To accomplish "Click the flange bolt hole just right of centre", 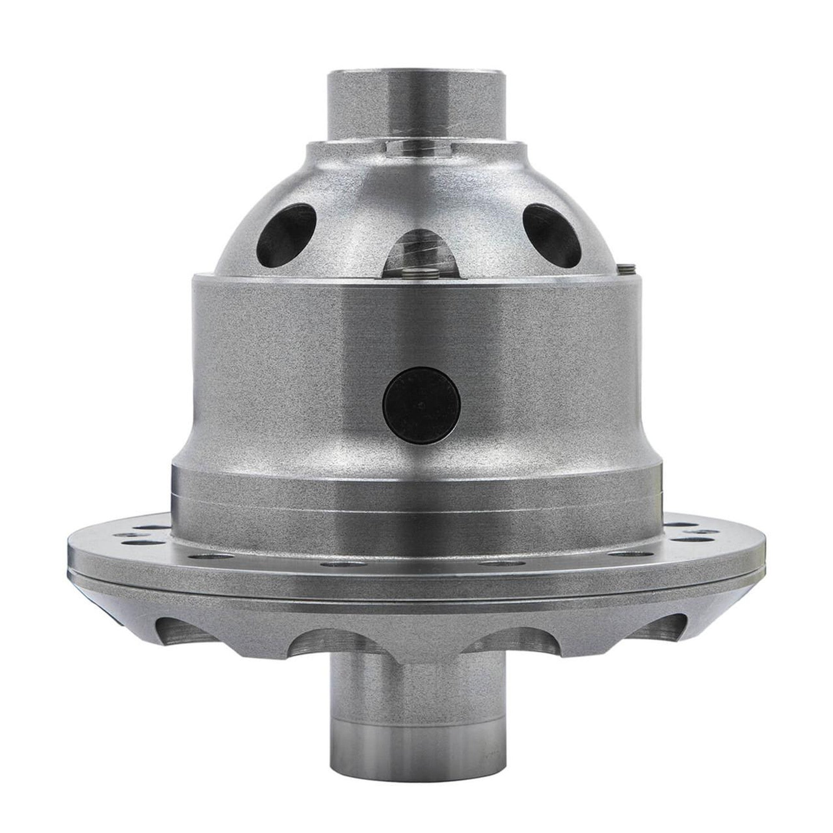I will pyautogui.click(x=492, y=563).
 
